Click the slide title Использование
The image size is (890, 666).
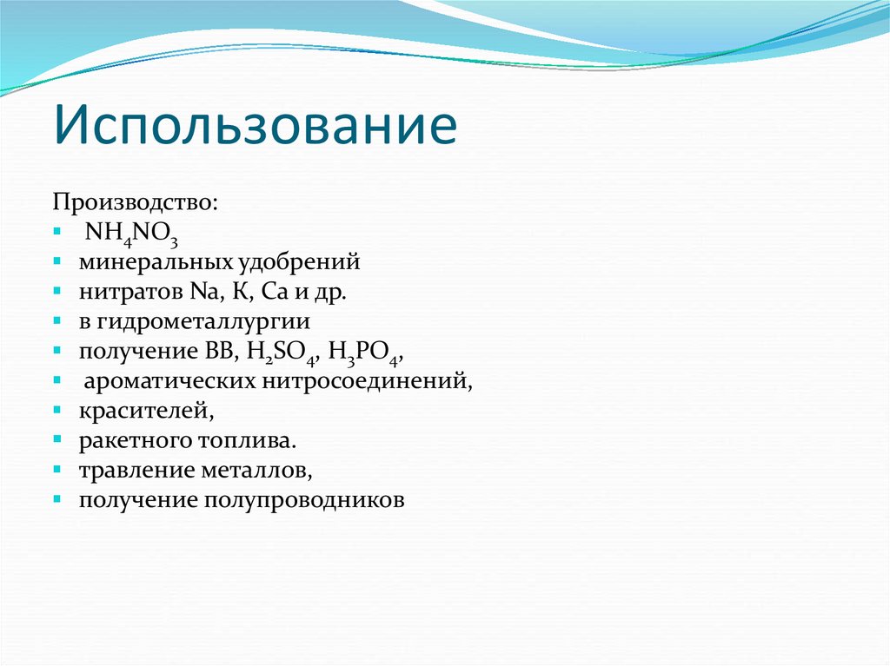256,124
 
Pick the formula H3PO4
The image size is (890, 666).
369,352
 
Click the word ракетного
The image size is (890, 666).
128,441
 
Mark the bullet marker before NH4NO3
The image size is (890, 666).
56,232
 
